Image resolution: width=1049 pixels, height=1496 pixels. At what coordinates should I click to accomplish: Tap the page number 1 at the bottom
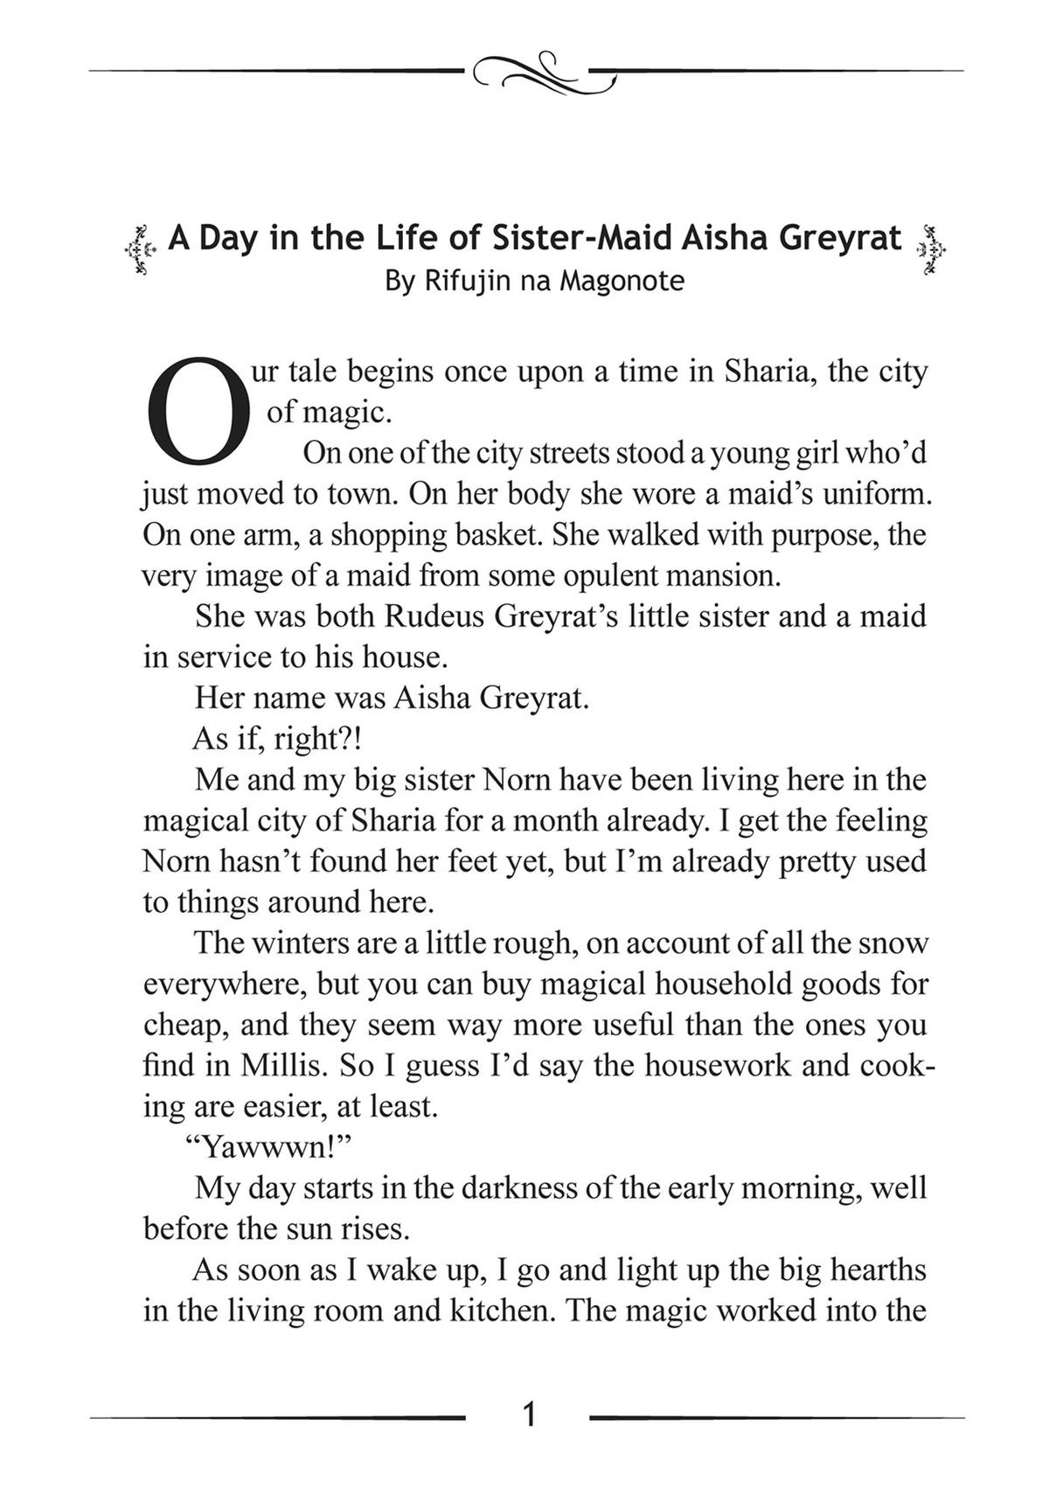click(528, 1414)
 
